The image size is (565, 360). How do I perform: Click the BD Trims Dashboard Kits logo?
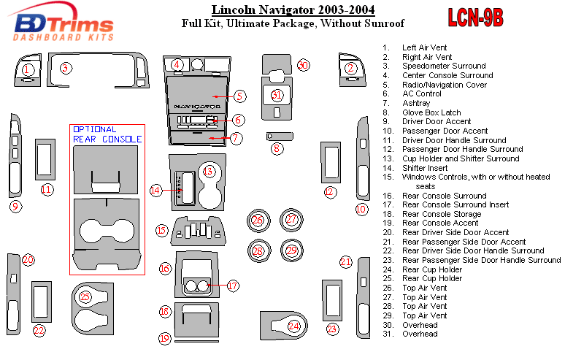coord(64,26)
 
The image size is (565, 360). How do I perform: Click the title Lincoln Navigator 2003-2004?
coord(293,10)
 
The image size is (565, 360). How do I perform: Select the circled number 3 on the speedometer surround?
coord(65,68)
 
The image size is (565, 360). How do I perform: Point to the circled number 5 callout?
coord(240,96)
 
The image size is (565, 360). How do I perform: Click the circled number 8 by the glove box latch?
coord(277,149)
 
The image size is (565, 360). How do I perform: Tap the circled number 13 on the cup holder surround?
coord(209,172)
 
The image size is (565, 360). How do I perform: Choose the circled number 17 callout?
coord(232,286)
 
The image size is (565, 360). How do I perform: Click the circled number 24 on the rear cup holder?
coord(293,326)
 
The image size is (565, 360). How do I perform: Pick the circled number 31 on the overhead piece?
coord(276,95)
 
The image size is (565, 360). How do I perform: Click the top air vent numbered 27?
coord(291,219)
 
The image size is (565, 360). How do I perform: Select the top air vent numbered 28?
coord(257,251)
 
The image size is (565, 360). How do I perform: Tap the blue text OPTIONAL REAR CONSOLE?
coord(107,134)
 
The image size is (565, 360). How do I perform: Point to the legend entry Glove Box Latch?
coord(431,112)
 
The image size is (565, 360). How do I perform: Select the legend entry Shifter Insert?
coord(425,168)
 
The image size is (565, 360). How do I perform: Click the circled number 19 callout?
coord(165,338)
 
